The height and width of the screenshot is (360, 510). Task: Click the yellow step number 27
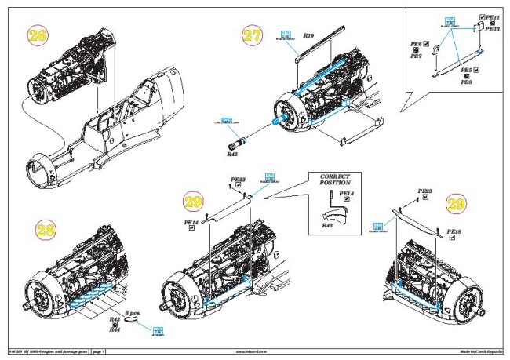(x=252, y=36)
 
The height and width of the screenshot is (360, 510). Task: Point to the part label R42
(x=232, y=155)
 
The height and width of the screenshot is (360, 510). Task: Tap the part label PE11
(x=493, y=16)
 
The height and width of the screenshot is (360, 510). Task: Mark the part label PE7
(x=417, y=56)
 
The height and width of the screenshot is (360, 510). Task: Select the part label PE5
(x=466, y=70)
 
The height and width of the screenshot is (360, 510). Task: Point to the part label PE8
(x=466, y=82)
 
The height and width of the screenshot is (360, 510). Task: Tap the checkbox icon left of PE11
(x=480, y=16)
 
